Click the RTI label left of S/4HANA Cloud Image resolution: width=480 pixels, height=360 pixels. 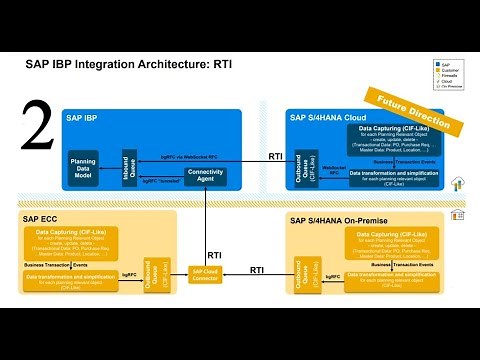click(x=276, y=156)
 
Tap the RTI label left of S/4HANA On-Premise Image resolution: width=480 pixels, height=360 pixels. click(x=257, y=270)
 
